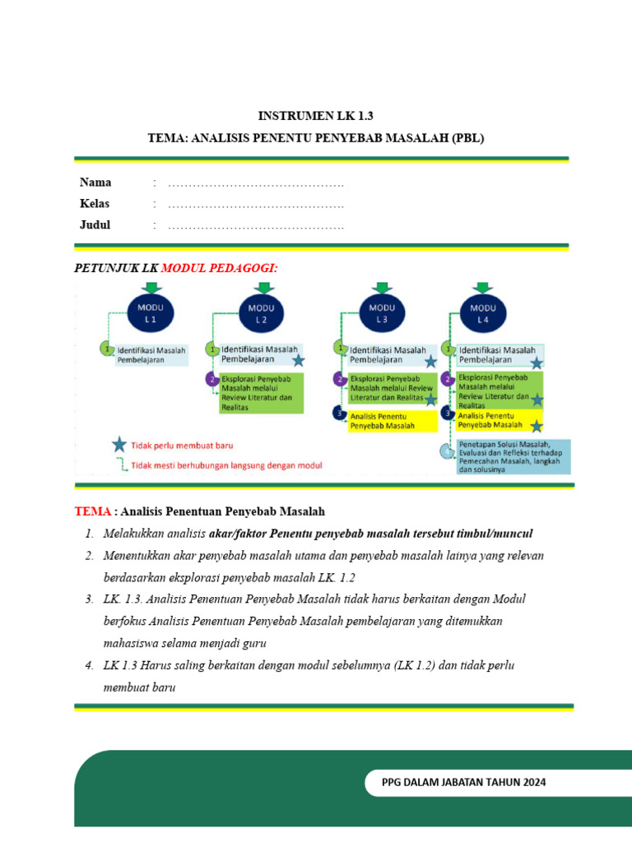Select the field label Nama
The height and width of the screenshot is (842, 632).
95,183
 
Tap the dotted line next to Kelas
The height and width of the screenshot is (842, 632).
256,204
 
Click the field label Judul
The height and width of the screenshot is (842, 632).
95,225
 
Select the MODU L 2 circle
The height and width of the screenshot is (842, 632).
262,313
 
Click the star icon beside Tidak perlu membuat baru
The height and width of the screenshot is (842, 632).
120,446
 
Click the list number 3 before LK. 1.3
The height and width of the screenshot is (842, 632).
89,599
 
